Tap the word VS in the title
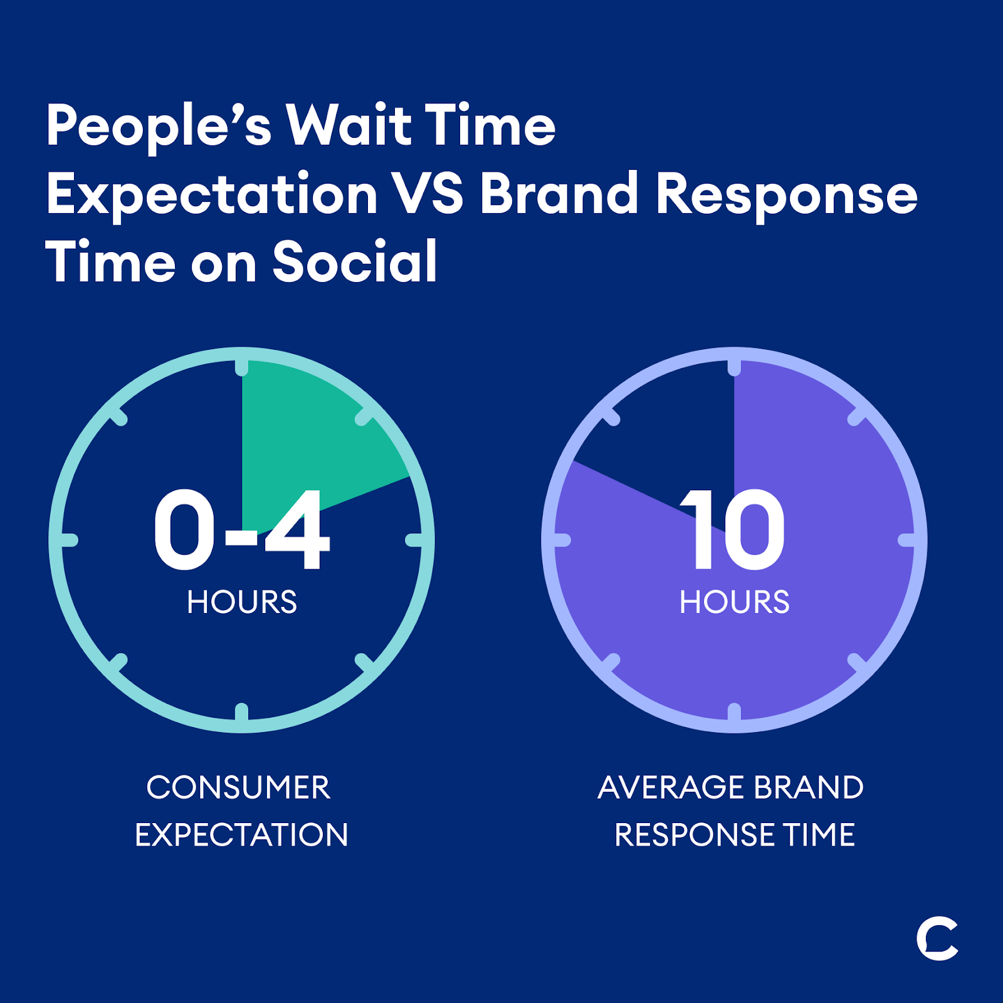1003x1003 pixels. point(429,194)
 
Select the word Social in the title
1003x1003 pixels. point(354,261)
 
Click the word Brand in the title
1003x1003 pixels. point(559,193)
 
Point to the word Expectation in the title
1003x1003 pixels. point(212,195)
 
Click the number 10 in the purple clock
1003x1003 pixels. point(732,530)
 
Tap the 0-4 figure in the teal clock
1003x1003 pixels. point(241,530)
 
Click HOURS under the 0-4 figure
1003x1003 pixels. point(242,602)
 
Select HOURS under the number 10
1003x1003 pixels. point(735,602)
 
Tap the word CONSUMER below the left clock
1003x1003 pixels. point(238,787)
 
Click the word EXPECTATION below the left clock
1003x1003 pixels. point(241,835)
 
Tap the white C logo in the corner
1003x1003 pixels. point(937,938)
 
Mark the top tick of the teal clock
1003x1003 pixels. point(242,367)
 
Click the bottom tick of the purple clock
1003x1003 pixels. point(735,712)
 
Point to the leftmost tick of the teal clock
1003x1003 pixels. point(70,540)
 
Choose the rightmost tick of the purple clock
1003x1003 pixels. point(907,540)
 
